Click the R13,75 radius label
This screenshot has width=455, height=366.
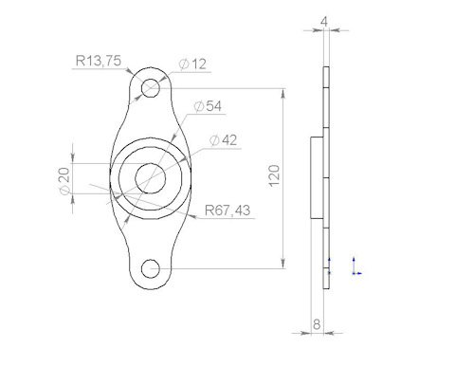click(99, 61)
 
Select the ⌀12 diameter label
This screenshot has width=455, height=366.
click(192, 64)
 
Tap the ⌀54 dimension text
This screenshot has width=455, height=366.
click(208, 106)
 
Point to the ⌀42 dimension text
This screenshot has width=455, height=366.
click(223, 140)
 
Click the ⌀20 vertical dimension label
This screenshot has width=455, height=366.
click(64, 181)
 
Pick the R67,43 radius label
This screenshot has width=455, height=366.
click(227, 210)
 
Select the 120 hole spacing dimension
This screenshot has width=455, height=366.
click(275, 175)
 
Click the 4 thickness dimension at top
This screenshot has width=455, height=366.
click(324, 22)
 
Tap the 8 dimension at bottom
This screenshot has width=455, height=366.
click(317, 324)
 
